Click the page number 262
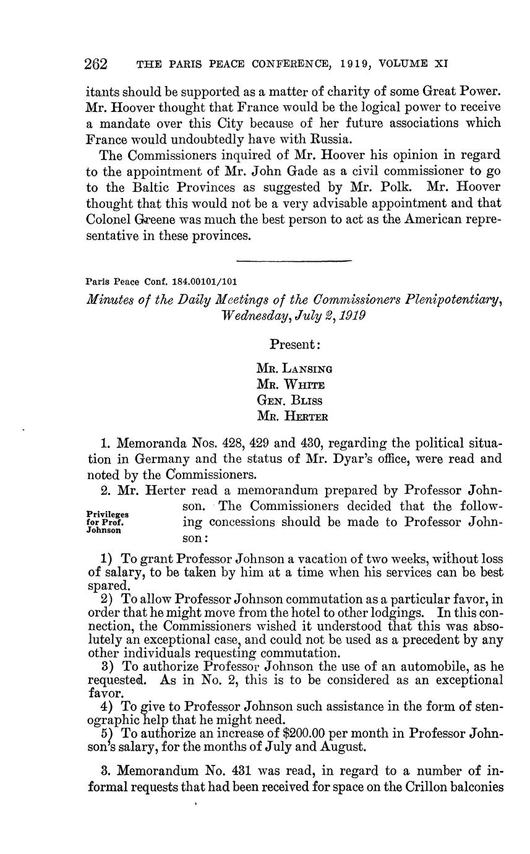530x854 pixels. [x=96, y=64]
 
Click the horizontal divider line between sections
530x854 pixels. [x=294, y=260]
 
